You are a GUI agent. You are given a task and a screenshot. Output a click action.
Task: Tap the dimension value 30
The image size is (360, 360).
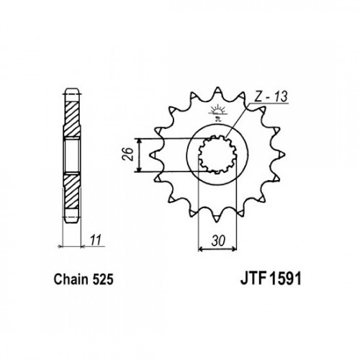[x=218, y=241]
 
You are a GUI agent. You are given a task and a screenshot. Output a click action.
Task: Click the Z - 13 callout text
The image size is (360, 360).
[x=271, y=96]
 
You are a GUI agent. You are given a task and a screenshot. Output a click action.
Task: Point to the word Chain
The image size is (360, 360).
[x=71, y=279]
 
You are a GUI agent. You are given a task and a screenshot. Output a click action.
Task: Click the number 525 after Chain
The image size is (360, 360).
[x=102, y=279]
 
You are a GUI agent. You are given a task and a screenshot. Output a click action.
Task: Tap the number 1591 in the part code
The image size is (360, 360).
[x=285, y=279]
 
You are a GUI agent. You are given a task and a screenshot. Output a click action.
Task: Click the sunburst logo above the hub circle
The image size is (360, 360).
[x=217, y=112]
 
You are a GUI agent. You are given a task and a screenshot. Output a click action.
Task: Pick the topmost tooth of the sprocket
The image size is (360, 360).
[x=217, y=91]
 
